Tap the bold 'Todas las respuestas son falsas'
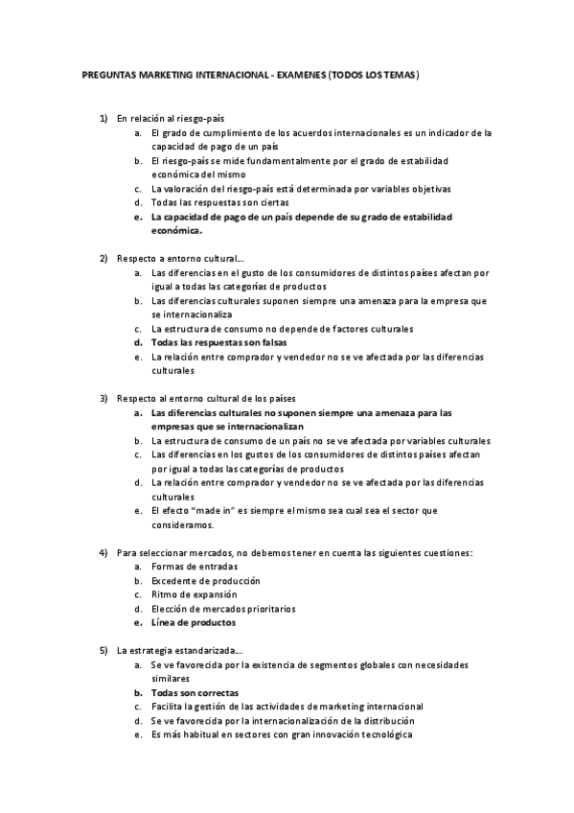(219, 342)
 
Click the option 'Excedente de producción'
(205, 581)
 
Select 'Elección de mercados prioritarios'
(223, 609)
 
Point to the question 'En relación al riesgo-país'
(170, 118)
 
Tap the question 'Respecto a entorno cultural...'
(180, 259)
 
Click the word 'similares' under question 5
(172, 678)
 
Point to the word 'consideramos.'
(183, 524)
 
